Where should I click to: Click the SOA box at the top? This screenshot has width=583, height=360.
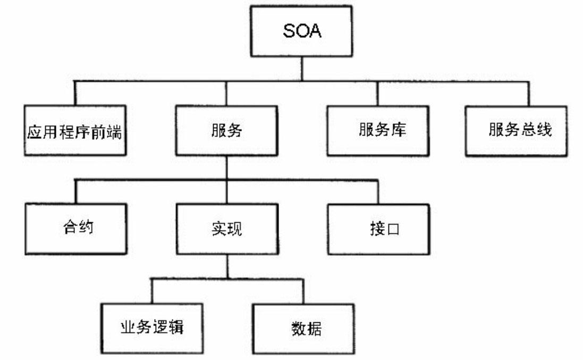pos(301,31)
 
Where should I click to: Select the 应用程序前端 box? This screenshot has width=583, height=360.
pos(75,130)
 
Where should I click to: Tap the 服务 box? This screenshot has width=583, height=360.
pos(226,130)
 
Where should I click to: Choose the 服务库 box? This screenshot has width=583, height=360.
pos(378,130)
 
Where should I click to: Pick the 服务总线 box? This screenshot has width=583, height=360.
pos(516,130)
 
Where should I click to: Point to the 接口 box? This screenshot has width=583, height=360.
pos(379,229)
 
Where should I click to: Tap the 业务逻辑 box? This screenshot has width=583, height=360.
pos(152,328)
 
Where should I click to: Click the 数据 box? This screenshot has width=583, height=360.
pos(303,328)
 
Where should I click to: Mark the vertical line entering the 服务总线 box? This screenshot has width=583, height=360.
pos(529,93)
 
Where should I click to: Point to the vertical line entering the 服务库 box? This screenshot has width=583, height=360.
pos(378,93)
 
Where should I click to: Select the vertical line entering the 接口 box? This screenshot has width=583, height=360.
pos(378,192)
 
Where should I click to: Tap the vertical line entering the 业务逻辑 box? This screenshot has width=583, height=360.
pos(152,291)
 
